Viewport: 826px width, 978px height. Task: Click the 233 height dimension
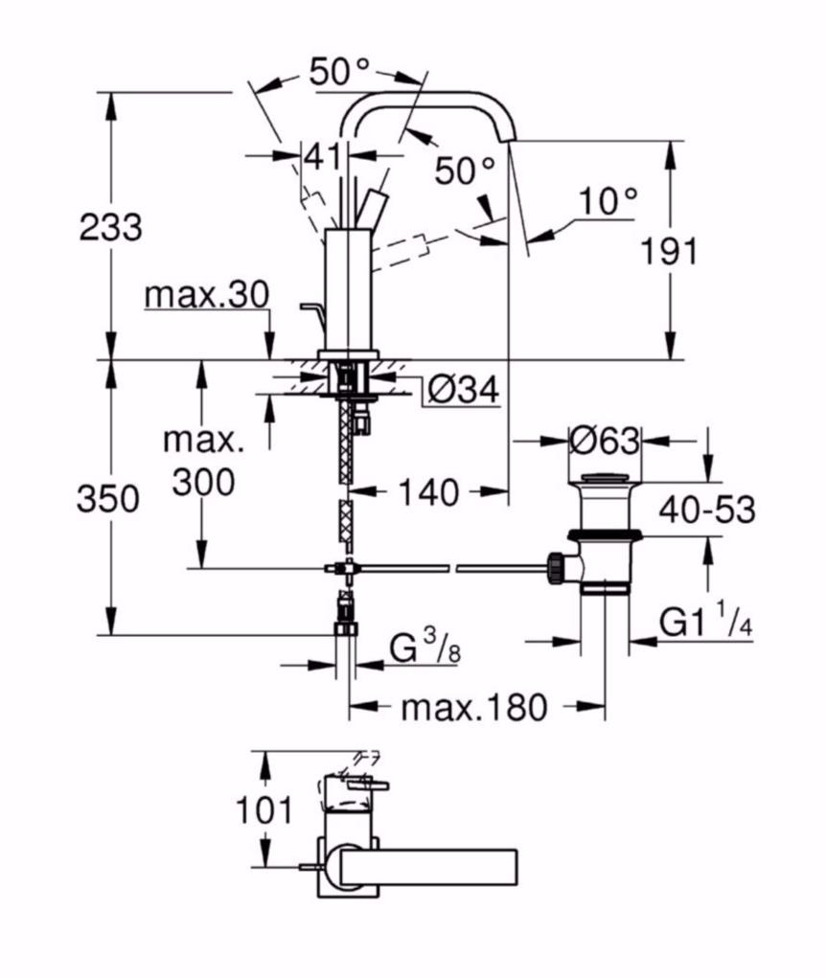click(x=110, y=227)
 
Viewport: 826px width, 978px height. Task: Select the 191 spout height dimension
click(x=670, y=251)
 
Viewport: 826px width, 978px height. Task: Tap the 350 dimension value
click(x=108, y=498)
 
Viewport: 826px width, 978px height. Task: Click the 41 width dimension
click(x=323, y=154)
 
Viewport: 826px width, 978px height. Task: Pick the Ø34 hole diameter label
click(x=462, y=389)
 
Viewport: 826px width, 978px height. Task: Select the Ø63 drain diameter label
click(x=604, y=441)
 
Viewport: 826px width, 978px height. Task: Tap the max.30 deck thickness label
click(x=207, y=295)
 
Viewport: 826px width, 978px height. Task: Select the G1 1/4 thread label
click(x=705, y=624)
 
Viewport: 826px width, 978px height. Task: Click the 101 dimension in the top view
click(x=264, y=810)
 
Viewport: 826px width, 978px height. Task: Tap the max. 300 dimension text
click(x=203, y=462)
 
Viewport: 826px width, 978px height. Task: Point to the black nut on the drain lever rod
click(x=555, y=566)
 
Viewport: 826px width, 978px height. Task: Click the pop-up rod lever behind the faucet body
click(x=310, y=308)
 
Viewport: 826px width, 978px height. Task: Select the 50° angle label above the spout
click(x=339, y=73)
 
